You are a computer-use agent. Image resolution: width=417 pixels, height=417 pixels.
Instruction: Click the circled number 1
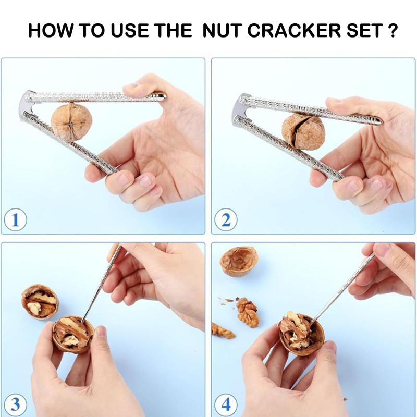[16, 220]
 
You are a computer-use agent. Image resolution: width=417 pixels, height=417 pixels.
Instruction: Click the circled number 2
[226, 220]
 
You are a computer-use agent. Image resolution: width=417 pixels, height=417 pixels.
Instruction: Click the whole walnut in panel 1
[71, 121]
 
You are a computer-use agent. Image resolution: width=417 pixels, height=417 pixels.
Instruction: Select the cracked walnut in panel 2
[303, 132]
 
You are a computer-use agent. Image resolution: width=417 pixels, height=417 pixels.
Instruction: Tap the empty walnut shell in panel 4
[239, 261]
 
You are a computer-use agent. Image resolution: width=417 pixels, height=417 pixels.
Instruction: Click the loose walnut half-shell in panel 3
[40, 301]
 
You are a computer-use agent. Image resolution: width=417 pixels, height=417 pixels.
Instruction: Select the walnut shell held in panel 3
[73, 334]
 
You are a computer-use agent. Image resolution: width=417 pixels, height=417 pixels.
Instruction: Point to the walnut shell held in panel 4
[298, 334]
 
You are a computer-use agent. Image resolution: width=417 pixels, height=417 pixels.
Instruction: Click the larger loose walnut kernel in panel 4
[248, 312]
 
